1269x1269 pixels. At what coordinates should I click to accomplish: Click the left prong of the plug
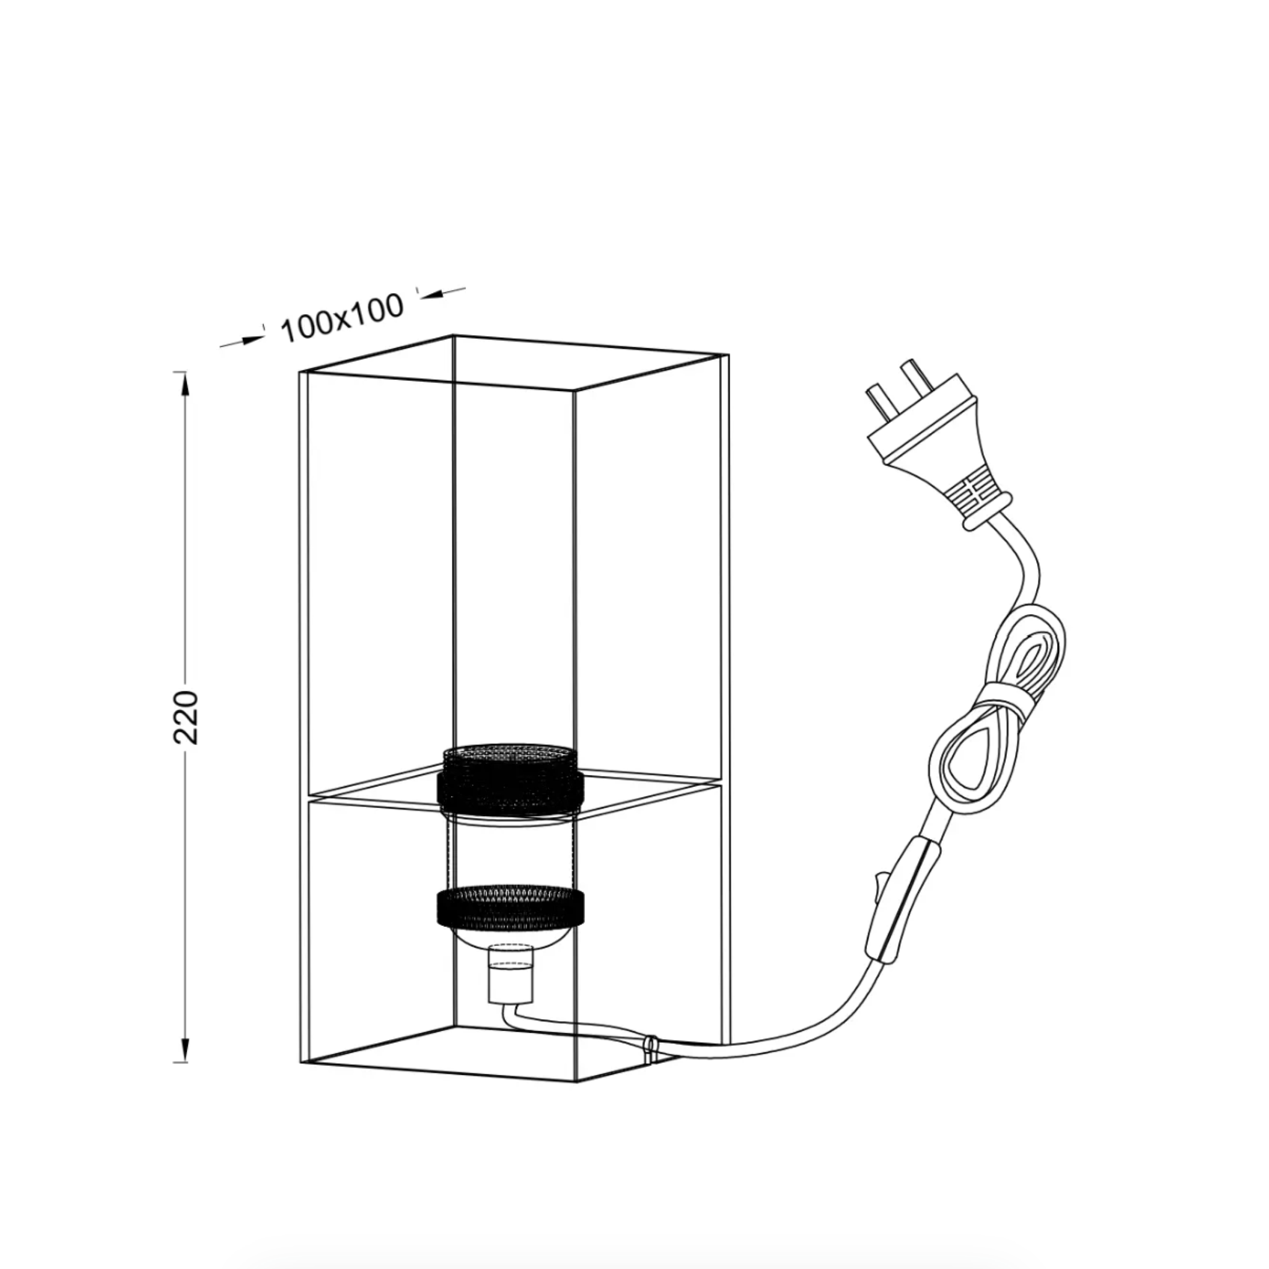tap(876, 400)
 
